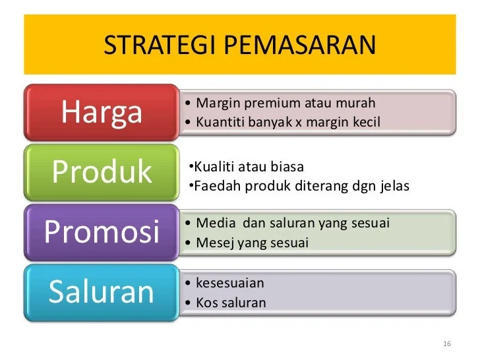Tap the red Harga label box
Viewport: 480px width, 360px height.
coord(102,112)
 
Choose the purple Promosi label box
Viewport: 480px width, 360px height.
coord(102,231)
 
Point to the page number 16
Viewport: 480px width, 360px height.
coord(447,345)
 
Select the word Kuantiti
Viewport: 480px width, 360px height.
coord(220,122)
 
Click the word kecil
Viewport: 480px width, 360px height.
coord(365,122)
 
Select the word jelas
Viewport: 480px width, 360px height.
coord(394,187)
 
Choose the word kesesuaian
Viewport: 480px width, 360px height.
coord(230,284)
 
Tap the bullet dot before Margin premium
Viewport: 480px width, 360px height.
coord(189,104)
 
